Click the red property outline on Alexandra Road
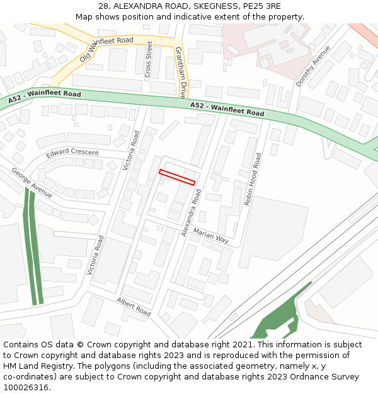[177, 177]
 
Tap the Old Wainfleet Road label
[106, 49]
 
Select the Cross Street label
[149, 60]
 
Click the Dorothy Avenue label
[313, 66]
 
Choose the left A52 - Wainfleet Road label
[45, 97]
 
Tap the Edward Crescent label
[72, 153]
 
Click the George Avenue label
[31, 183]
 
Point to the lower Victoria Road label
[93, 255]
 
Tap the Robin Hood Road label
[251, 179]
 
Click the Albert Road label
[134, 307]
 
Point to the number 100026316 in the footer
[25, 387]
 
